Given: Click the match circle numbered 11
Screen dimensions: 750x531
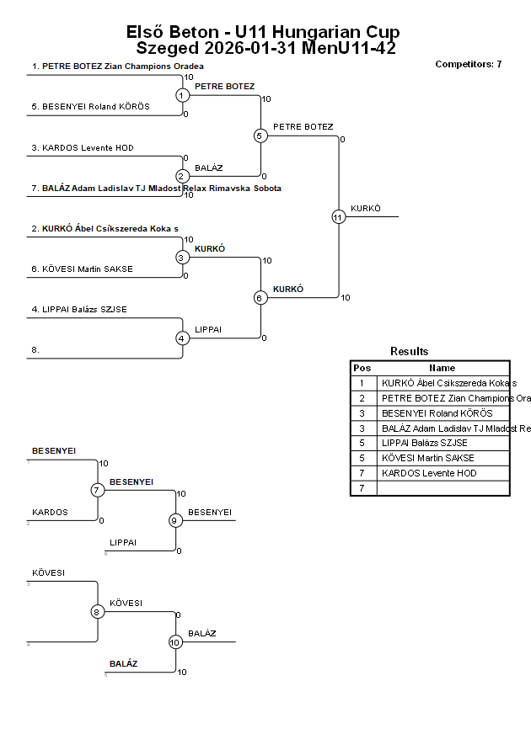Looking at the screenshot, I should (x=338, y=217).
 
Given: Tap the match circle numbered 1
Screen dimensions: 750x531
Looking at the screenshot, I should (x=182, y=95).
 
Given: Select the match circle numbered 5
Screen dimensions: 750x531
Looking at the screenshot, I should (x=260, y=136).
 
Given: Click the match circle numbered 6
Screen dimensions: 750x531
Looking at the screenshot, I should (x=260, y=298).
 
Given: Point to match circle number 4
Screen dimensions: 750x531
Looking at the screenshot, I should (x=182, y=338).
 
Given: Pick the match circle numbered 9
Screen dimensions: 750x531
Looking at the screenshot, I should (x=175, y=520).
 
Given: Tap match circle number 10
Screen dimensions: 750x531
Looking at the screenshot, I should (x=175, y=642).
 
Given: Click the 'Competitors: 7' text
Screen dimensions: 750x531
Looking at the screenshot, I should (x=468, y=64).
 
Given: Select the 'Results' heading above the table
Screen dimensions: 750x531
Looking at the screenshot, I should (x=409, y=351).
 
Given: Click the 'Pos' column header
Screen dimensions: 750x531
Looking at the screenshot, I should (x=362, y=368).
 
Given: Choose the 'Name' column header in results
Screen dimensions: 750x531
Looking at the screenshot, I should (x=442, y=368).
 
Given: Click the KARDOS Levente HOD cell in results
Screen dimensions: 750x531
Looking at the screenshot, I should (x=428, y=473).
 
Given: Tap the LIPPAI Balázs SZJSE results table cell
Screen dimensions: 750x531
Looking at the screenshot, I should (x=424, y=443).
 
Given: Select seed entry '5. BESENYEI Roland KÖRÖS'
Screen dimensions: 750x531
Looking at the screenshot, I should (x=91, y=107).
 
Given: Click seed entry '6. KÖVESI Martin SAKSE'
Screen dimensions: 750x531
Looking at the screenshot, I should (x=83, y=269).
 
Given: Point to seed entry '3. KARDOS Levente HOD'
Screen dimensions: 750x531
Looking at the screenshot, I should (x=83, y=148).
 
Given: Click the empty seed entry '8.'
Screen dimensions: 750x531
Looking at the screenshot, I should (x=36, y=348).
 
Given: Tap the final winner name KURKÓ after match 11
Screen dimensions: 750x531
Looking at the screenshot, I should (x=366, y=208).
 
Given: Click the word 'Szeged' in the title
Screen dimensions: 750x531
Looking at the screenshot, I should (x=167, y=48).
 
